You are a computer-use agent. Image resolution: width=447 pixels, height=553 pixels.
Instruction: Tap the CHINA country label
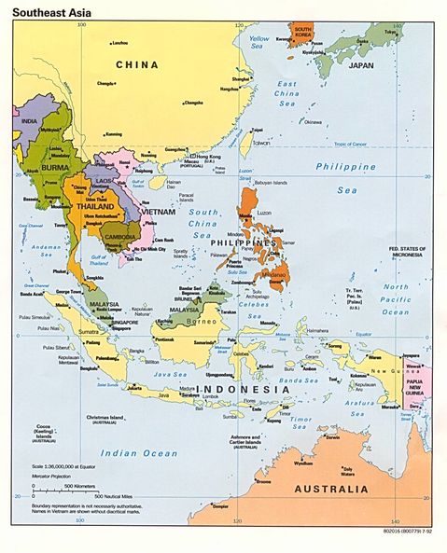coord(136,64)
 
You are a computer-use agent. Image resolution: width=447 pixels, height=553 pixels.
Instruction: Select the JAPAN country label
coord(360,66)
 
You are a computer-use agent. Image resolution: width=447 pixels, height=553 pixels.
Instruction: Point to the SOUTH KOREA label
coord(302,34)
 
